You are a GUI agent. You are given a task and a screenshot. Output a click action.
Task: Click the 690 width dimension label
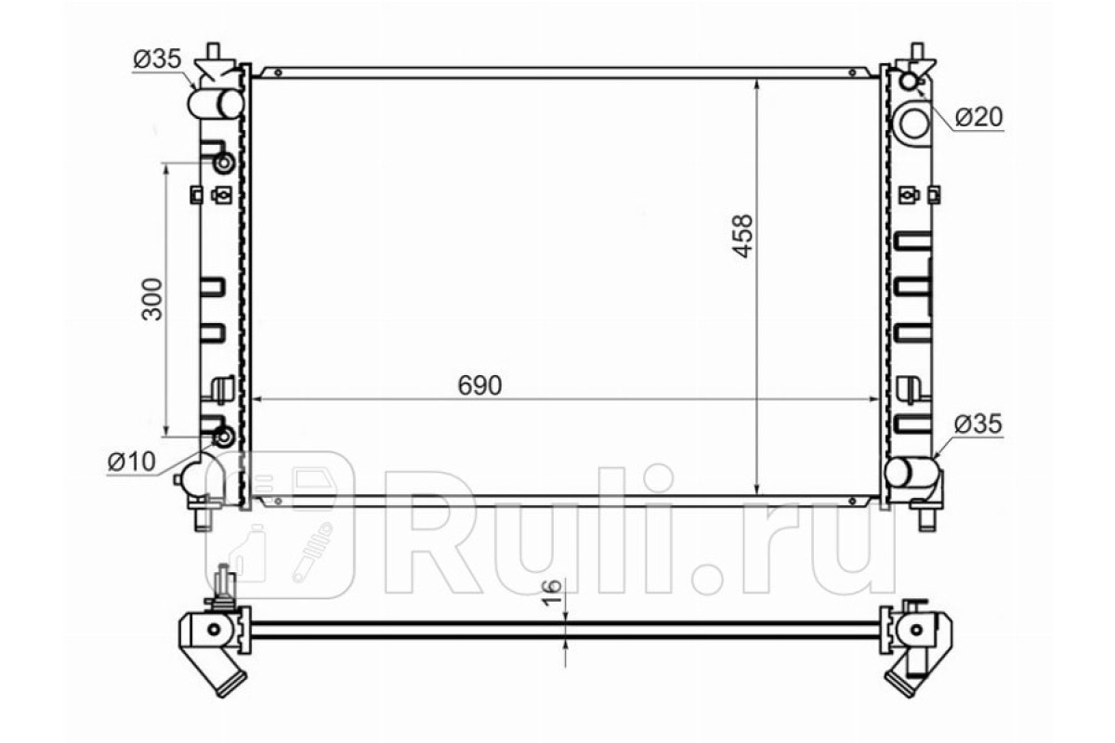[x=479, y=385]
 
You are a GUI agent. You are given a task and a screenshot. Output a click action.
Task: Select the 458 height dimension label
[x=742, y=236]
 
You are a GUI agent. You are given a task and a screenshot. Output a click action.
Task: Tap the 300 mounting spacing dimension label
[x=152, y=299]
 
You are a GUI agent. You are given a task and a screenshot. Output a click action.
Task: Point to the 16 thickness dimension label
[x=552, y=593]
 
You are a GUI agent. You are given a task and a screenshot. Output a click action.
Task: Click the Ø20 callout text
[x=979, y=117]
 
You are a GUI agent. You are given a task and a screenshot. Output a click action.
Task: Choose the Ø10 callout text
[x=131, y=462]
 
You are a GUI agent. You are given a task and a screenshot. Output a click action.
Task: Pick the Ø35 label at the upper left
[x=157, y=59]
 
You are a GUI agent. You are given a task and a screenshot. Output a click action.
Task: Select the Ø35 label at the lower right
[x=978, y=424]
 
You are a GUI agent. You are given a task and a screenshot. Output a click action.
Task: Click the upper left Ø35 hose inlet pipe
[x=215, y=104]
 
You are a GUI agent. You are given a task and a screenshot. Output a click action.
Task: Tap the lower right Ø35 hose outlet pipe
[x=912, y=473]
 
